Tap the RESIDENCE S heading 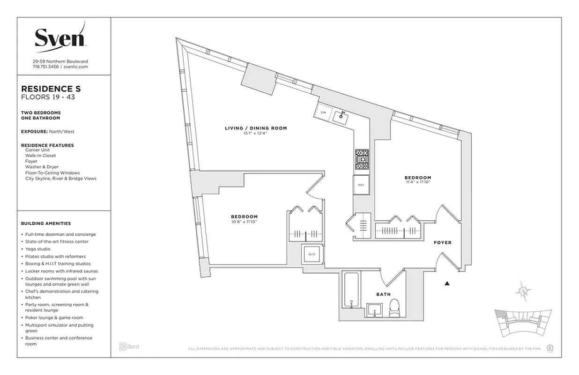point(51,88)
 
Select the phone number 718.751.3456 point(45,67)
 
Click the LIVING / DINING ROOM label point(255,128)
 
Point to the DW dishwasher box point(323,113)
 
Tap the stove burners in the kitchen point(362,161)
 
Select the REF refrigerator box point(361,185)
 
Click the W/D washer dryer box point(311,255)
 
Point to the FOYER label point(442,242)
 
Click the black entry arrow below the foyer point(447,284)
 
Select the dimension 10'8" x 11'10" point(244,221)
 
